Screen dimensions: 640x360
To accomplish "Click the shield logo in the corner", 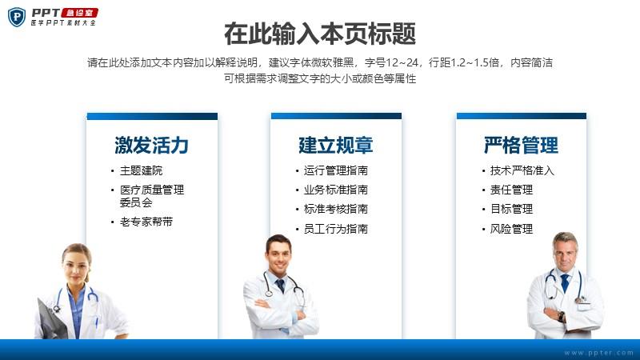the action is pyautogui.click(x=17, y=17).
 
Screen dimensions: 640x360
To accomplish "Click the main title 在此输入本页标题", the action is pyautogui.click(x=320, y=34).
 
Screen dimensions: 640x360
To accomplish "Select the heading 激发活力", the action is pyautogui.click(x=151, y=145).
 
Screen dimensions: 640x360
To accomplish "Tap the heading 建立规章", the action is pyautogui.click(x=335, y=145).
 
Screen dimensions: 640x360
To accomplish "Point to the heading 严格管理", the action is pyautogui.click(x=521, y=145).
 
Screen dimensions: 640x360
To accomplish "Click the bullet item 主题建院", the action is pyautogui.click(x=142, y=170).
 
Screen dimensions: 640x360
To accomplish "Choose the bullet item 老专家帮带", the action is pyautogui.click(x=146, y=222).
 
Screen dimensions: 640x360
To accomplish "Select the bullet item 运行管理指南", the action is pyautogui.click(x=335, y=170).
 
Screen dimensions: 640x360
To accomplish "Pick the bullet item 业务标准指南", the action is pyautogui.click(x=335, y=190).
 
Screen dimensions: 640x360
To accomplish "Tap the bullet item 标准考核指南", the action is pyautogui.click(x=335, y=209).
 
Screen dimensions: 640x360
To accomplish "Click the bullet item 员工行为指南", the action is pyautogui.click(x=335, y=229).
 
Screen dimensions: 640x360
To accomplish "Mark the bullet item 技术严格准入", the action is pyautogui.click(x=522, y=170).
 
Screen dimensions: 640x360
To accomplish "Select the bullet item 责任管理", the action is pyautogui.click(x=511, y=190).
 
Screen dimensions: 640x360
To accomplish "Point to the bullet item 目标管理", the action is pyautogui.click(x=511, y=209).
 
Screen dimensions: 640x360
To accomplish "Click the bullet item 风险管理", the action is pyautogui.click(x=511, y=229).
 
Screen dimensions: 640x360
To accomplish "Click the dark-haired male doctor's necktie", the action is pyautogui.click(x=281, y=285).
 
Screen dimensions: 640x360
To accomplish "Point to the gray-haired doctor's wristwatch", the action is pyautogui.click(x=562, y=316).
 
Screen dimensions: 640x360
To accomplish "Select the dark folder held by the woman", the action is pyautogui.click(x=52, y=319).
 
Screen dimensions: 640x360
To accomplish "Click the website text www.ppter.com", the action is pyautogui.click(x=598, y=353).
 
